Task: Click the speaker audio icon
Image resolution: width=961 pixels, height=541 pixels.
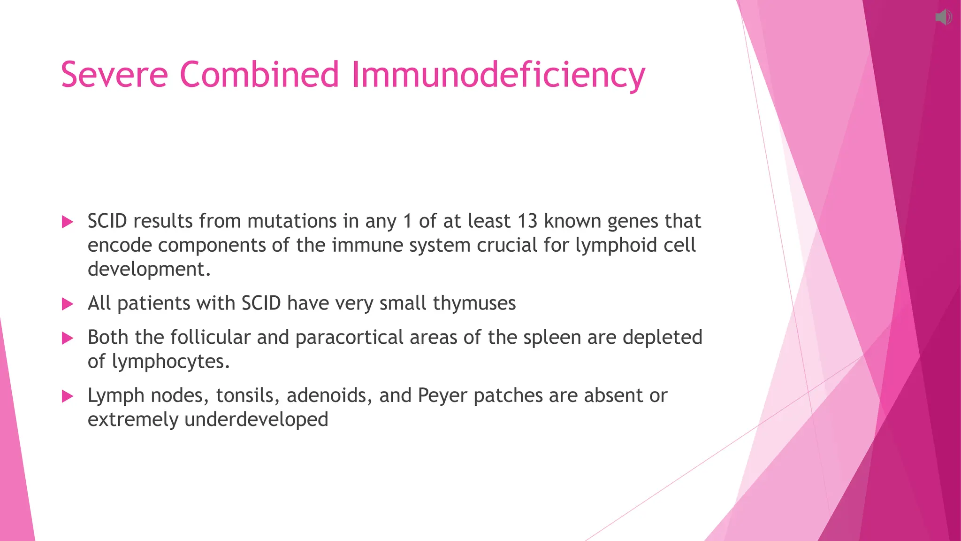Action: [943, 18]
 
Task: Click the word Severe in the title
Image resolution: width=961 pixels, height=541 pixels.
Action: [114, 75]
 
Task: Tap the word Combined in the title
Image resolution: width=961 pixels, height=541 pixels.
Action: [259, 75]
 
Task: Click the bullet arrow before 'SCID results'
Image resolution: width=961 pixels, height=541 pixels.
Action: [68, 222]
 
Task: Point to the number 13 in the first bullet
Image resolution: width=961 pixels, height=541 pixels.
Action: [527, 221]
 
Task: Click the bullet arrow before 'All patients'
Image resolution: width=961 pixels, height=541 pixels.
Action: [68, 304]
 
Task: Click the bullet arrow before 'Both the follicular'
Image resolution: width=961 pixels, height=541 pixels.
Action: [68, 338]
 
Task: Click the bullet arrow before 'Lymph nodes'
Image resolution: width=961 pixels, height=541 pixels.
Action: [68, 396]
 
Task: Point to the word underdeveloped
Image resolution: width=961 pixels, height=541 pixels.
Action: [256, 420]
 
